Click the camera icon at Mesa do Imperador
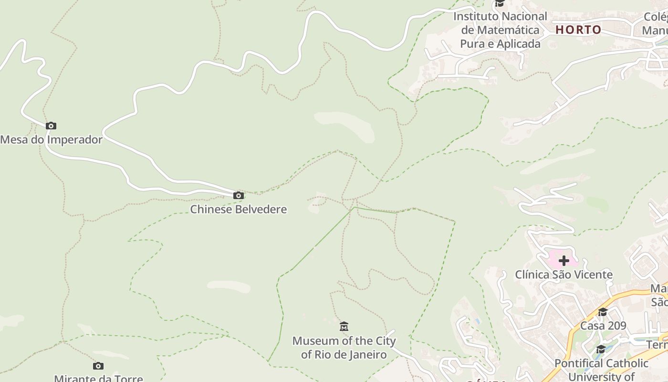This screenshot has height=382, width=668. click(x=51, y=126)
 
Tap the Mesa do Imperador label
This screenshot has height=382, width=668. click(x=52, y=140)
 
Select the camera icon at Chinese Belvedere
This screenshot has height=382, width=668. click(x=239, y=195)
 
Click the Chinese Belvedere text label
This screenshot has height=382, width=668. click(x=239, y=209)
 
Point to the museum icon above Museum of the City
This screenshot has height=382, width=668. click(x=344, y=327)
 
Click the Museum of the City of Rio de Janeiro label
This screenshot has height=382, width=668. click(x=344, y=348)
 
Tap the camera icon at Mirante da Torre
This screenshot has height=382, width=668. click(x=98, y=366)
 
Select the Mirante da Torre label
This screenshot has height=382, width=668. click(x=98, y=378)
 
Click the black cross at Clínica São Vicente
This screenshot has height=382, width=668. click(x=564, y=261)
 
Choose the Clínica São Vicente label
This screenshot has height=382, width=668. click(x=564, y=275)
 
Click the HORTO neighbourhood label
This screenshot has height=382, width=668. click(x=578, y=30)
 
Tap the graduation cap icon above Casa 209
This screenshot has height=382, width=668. click(x=603, y=312)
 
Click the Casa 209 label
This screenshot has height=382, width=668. click(x=603, y=326)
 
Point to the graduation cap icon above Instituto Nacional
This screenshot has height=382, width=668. click(x=500, y=4)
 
